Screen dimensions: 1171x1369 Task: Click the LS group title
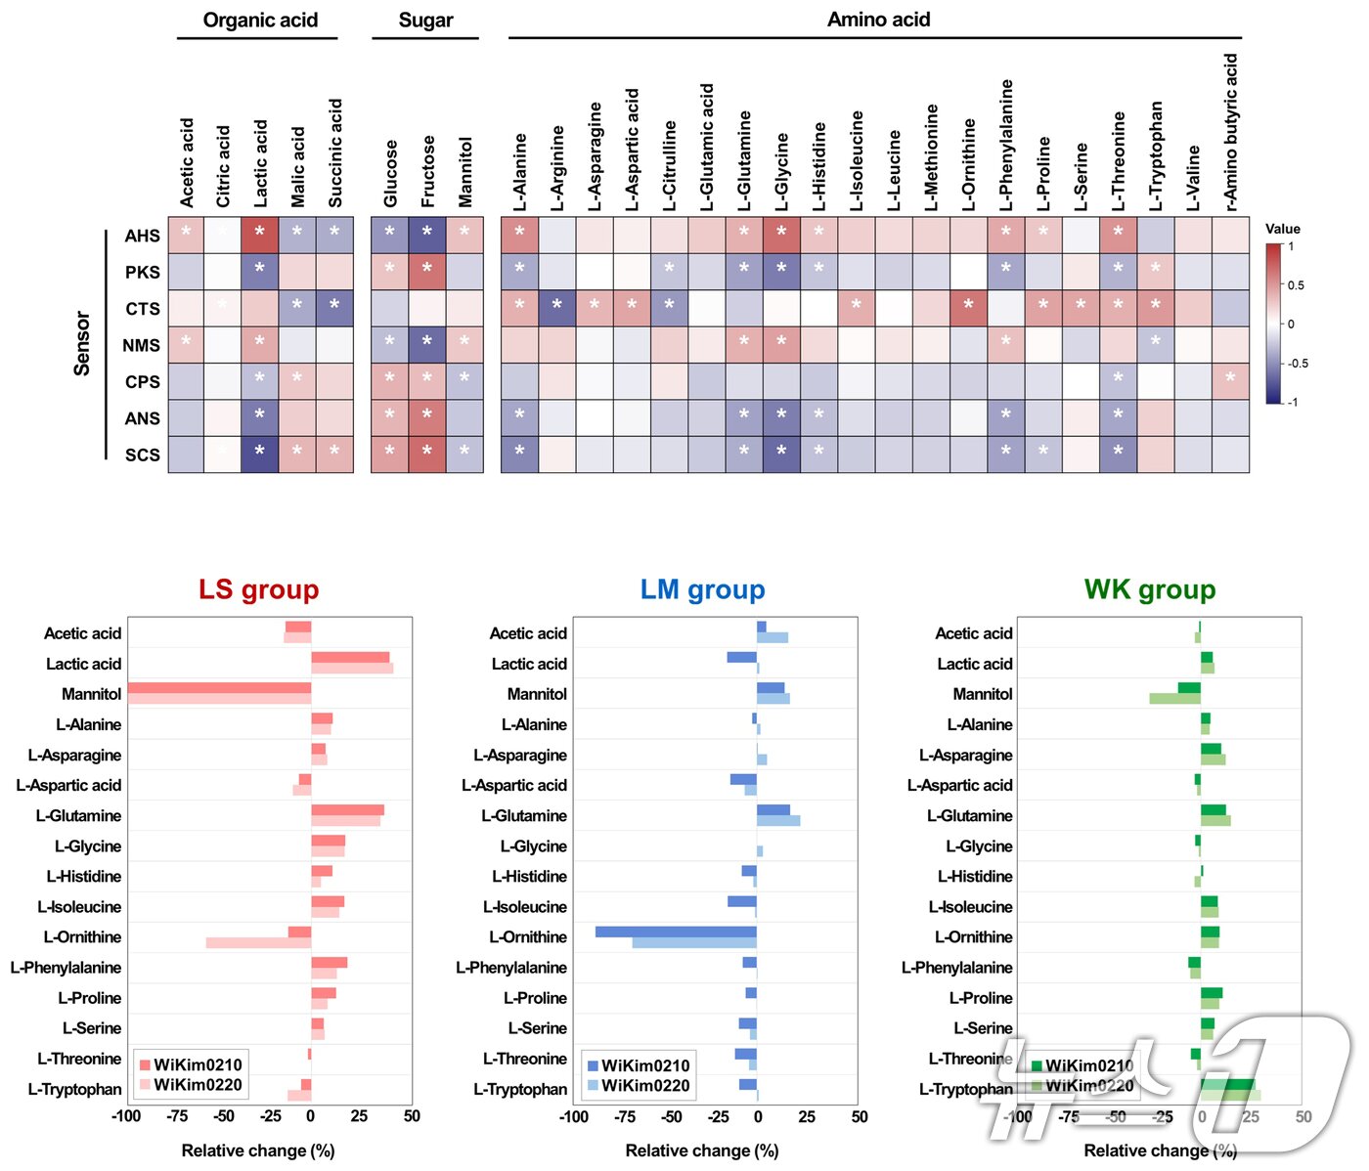(258, 589)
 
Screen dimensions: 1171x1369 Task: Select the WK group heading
(1149, 589)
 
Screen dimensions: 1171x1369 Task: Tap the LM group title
(702, 589)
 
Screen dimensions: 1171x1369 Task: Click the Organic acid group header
(260, 21)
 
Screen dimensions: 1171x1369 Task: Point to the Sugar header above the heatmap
(425, 21)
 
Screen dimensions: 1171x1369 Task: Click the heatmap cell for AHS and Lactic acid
(260, 235)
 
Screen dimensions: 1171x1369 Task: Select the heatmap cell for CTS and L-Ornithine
(968, 308)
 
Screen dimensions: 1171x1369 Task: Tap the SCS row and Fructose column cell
(427, 455)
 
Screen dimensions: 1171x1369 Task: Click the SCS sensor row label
(142, 455)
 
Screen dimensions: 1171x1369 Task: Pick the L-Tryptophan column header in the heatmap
(1156, 155)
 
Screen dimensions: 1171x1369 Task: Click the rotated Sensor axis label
(82, 343)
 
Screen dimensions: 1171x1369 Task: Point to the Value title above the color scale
(1282, 229)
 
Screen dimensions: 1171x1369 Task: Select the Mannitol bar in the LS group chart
(219, 694)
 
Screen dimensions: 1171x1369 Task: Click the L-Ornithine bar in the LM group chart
(677, 937)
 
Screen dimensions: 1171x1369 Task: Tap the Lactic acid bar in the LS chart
(351, 663)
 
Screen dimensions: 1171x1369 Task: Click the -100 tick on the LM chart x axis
(573, 1116)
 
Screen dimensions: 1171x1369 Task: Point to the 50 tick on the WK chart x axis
(1303, 1116)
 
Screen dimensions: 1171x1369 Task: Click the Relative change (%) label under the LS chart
(258, 1150)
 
